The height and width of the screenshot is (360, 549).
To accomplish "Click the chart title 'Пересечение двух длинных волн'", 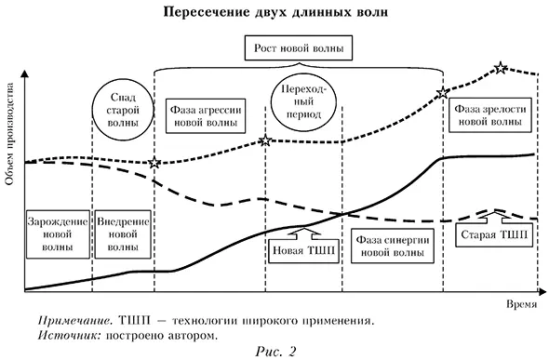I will [274, 13].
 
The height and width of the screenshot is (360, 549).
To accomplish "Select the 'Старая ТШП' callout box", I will [493, 235].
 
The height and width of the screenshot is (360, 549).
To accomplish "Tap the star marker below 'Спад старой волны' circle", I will [154, 163].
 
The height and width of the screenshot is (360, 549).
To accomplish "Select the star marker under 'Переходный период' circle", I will [265, 140].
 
